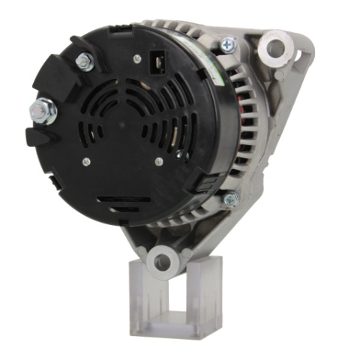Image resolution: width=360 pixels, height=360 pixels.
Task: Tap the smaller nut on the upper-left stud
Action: pos(85,61)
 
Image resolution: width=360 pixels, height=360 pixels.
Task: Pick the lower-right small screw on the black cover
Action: pos(158,161)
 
